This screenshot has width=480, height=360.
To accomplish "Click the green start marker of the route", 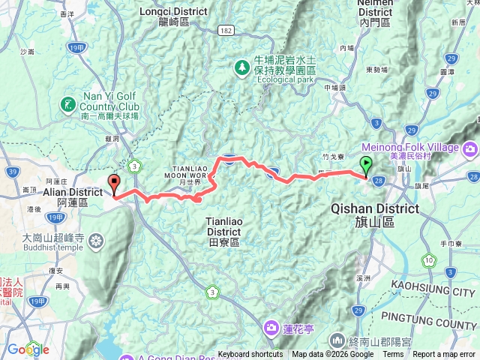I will point(366,166).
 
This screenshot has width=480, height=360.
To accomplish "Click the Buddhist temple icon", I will point(95,241).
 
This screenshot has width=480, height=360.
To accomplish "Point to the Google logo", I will point(28,349).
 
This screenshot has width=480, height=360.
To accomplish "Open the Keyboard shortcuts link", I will point(250,355).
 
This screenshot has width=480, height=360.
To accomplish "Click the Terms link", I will point(393,355).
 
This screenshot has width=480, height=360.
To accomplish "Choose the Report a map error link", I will point(445,355).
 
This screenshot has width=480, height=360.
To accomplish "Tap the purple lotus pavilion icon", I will point(270,327).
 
